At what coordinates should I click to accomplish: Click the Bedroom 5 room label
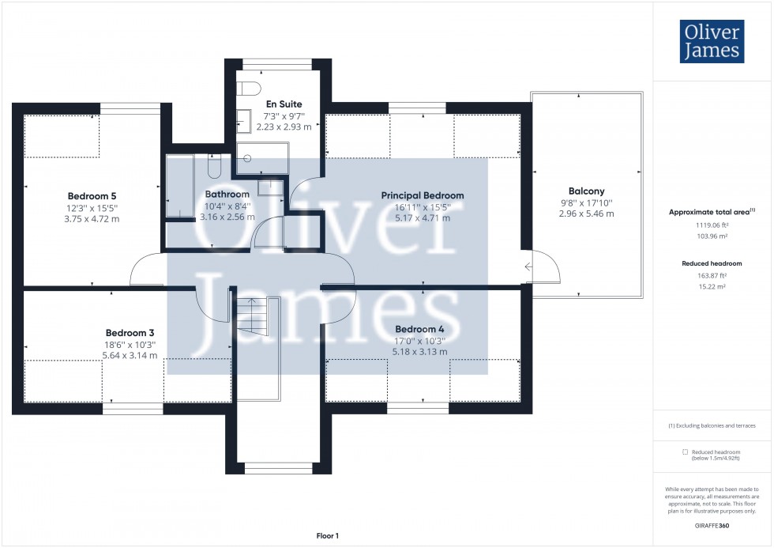[x=92, y=195]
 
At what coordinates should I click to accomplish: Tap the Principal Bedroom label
[x=423, y=195]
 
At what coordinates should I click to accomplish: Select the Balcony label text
[x=586, y=191]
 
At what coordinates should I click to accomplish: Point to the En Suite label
[x=284, y=104]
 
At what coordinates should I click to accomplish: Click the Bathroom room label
[x=227, y=194]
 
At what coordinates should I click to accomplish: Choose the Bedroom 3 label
[x=131, y=333]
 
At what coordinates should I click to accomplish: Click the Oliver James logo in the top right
[x=712, y=41]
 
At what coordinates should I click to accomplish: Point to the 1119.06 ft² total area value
[x=712, y=224]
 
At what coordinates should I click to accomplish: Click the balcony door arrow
[x=528, y=267]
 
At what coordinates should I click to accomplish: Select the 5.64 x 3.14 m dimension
[x=131, y=356]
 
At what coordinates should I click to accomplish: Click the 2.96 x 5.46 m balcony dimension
[x=586, y=214]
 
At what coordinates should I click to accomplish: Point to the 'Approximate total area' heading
[x=709, y=212]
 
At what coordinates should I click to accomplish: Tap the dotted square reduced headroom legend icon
[x=685, y=452]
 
